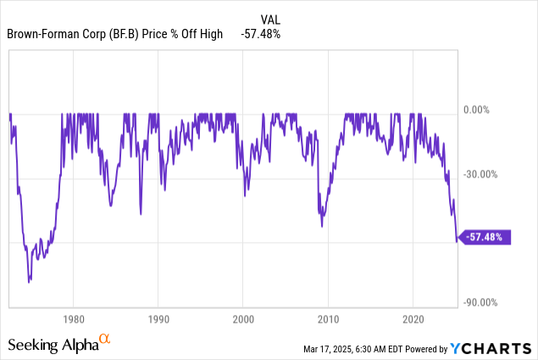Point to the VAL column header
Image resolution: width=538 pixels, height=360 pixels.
click(x=269, y=17)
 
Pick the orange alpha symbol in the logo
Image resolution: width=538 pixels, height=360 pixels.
click(x=105, y=339)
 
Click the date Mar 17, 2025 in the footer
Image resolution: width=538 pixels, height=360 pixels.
click(x=334, y=349)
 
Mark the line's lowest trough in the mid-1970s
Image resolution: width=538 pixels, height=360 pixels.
click(x=29, y=281)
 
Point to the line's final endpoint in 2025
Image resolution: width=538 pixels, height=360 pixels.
click(x=458, y=240)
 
